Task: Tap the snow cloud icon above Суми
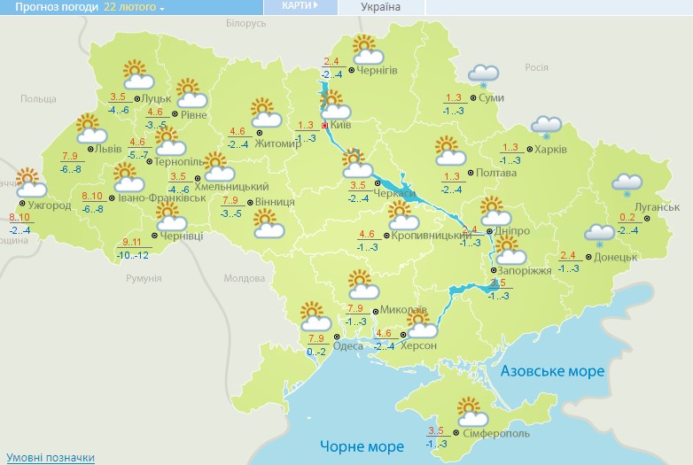click(482, 75)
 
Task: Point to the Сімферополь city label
click(495, 436)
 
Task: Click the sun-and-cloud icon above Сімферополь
click(472, 412)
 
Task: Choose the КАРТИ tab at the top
click(300, 6)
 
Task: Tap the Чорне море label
click(361, 446)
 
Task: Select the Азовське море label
click(553, 372)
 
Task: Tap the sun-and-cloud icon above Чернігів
click(364, 46)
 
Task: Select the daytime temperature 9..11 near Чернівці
click(133, 243)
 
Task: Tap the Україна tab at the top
click(380, 7)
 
